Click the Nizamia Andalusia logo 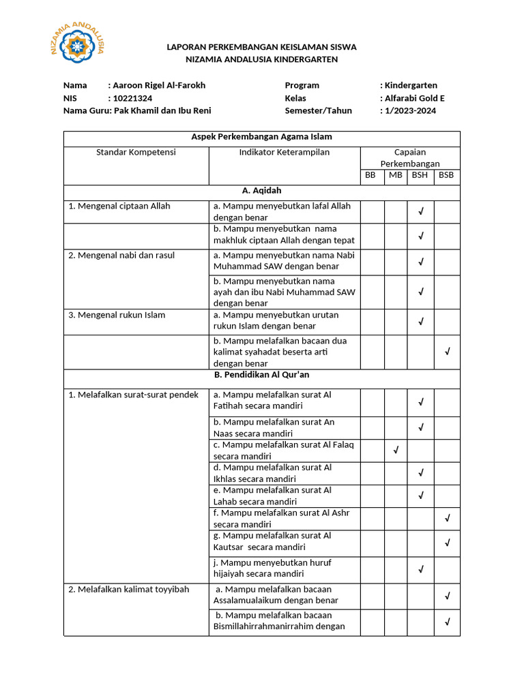77,45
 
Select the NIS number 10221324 132,98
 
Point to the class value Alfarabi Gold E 415,98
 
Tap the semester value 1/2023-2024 411,110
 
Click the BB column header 370,175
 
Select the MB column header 396,175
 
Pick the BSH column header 420,175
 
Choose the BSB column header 446,175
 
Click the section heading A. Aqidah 262,191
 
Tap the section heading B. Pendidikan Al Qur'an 262,375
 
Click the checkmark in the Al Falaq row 396,450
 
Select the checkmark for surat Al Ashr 447,519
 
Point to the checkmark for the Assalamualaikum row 447,596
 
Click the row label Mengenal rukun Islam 117,315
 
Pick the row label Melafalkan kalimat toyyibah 128,590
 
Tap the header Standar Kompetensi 136,152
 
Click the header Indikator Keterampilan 284,152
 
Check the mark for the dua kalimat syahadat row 447,352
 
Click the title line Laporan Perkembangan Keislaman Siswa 262,47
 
